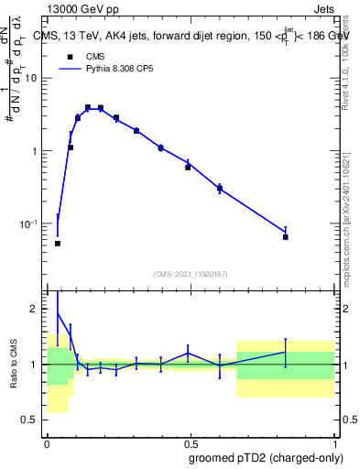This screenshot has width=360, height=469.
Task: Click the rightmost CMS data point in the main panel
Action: click(x=285, y=236)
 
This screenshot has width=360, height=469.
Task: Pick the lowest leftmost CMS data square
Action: click(x=58, y=244)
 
